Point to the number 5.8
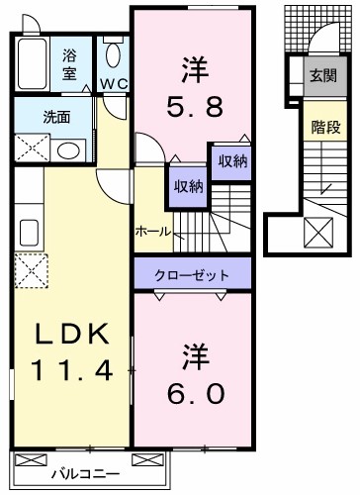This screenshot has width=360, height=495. (x=193, y=104)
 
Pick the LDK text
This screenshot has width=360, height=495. (x=72, y=337)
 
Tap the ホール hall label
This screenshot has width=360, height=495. (x=152, y=231)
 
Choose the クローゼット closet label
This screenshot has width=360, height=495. (x=192, y=274)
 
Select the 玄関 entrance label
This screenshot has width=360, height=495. (x=319, y=75)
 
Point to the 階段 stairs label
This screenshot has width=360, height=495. (x=319, y=126)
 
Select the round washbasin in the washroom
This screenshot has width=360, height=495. (x=67, y=150)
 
